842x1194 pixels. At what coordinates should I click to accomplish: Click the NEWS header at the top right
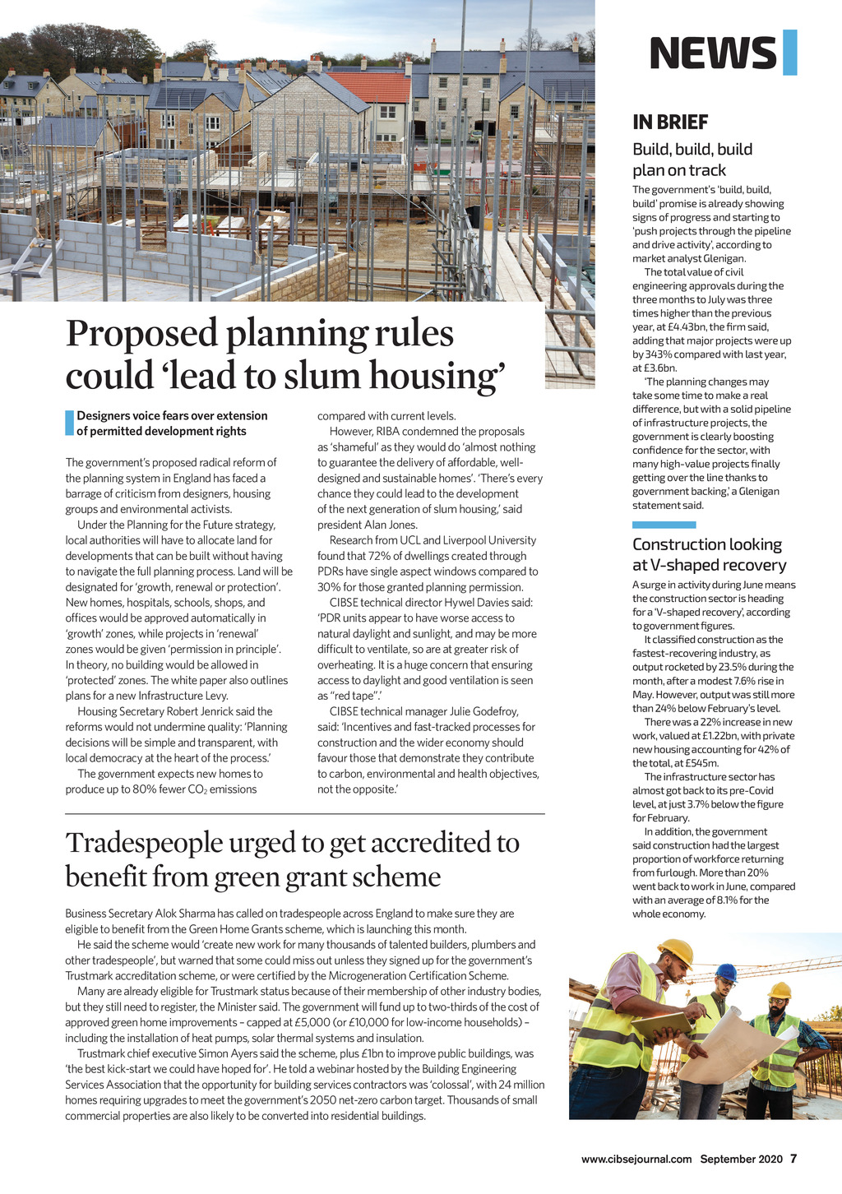pos(712,53)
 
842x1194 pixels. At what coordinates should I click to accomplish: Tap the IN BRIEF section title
pos(669,123)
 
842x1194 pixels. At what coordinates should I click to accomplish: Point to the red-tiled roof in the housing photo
pos(369,86)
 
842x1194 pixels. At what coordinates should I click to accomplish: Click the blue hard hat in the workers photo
pos(726,971)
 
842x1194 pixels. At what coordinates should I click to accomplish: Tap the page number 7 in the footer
pos(793,1159)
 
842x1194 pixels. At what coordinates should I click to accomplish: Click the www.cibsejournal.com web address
pos(636,1159)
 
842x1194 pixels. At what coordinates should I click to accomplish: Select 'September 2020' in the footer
pos(741,1159)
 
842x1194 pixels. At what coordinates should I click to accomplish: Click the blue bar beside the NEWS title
pos(789,52)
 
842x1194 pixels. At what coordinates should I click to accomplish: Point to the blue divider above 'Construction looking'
pos(664,525)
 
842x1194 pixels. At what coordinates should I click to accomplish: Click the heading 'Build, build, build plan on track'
pos(692,160)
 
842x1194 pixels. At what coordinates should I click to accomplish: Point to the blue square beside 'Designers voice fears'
pos(70,423)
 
